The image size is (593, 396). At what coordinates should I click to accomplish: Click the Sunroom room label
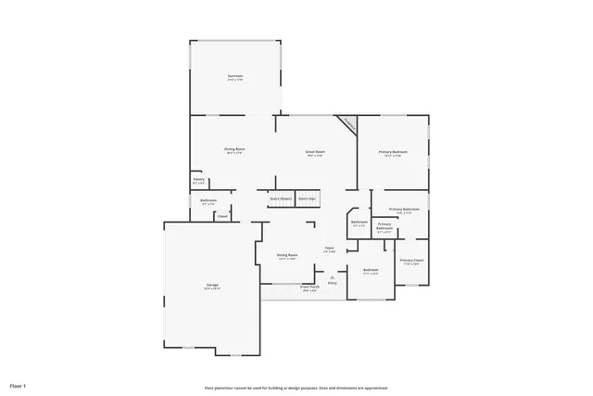(235, 76)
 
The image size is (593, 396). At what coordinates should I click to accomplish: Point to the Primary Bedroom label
(393, 151)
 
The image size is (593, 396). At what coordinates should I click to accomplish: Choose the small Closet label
(222, 217)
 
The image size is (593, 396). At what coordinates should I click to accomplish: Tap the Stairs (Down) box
(281, 198)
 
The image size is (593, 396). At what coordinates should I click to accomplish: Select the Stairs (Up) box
(307, 198)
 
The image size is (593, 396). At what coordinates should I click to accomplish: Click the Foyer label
(329, 249)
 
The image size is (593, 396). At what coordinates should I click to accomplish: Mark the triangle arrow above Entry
(332, 276)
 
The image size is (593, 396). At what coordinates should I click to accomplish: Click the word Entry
(332, 282)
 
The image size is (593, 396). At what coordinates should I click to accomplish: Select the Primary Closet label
(411, 261)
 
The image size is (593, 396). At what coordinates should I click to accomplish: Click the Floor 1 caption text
(19, 384)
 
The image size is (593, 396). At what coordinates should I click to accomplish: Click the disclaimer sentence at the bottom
(296, 388)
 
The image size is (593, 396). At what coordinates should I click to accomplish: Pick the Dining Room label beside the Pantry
(234, 149)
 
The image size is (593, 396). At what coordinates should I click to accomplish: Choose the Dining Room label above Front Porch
(287, 255)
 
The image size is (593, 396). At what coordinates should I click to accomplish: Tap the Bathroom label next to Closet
(208, 200)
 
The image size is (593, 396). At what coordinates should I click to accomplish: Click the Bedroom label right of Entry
(371, 270)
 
